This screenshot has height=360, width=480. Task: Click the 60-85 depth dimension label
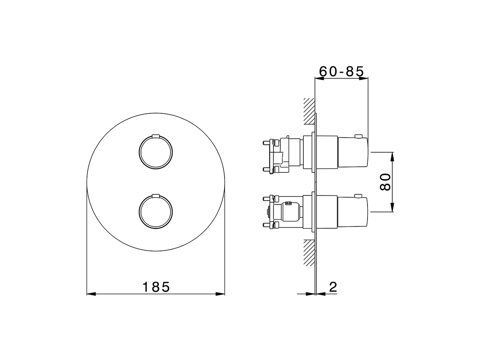click(x=341, y=71)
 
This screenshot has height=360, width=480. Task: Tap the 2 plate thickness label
click(x=333, y=287)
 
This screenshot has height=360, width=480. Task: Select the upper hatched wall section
click(x=309, y=111)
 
